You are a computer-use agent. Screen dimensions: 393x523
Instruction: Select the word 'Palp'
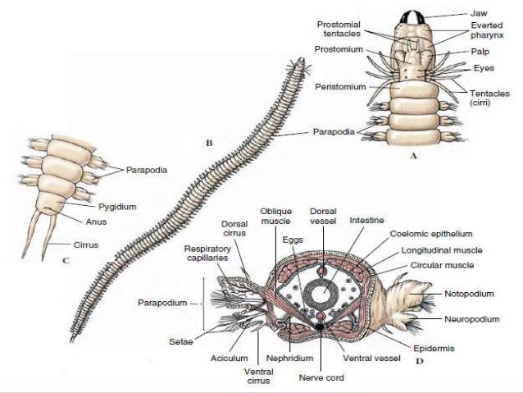click(x=480, y=52)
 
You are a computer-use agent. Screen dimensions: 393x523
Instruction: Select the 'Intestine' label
click(x=366, y=220)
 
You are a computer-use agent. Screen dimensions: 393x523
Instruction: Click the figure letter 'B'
click(x=209, y=143)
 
